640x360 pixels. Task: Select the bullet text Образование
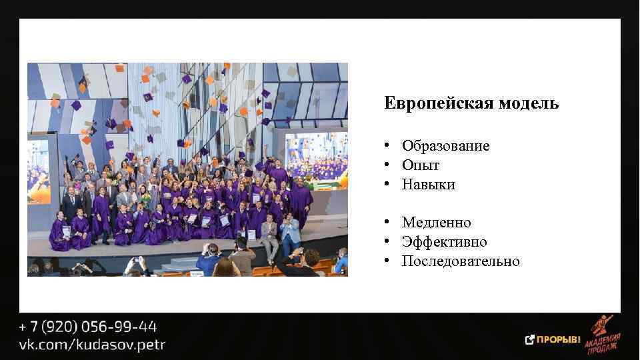(x=445, y=146)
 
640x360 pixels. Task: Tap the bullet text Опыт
(x=421, y=165)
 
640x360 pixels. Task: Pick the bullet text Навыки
(x=428, y=185)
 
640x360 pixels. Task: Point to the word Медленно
(x=436, y=223)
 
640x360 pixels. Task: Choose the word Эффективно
(x=444, y=242)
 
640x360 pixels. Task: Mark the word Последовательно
(x=461, y=261)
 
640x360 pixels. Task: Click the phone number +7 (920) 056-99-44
(x=88, y=327)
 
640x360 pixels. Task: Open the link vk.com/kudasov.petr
(x=92, y=345)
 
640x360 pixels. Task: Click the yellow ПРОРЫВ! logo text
(x=559, y=339)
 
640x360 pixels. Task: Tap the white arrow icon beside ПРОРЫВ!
(x=530, y=339)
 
